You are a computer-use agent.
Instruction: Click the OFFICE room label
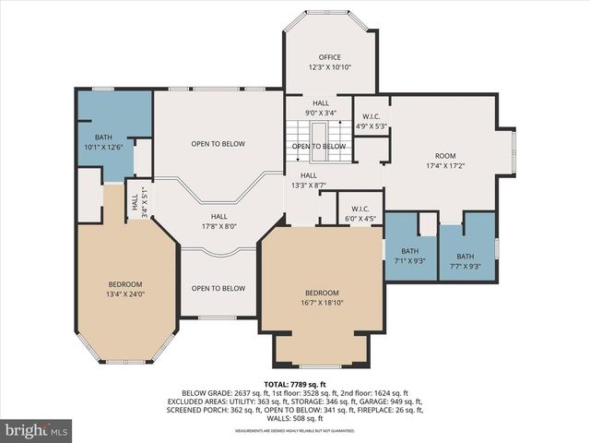click(x=329, y=57)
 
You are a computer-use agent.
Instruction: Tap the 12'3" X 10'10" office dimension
click(x=329, y=67)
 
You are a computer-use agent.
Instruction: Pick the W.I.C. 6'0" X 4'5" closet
click(x=360, y=214)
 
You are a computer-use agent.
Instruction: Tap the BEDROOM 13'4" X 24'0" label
click(x=125, y=289)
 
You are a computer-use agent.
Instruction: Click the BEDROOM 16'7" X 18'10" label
click(x=322, y=297)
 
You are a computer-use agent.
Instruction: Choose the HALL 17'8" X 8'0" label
click(x=218, y=220)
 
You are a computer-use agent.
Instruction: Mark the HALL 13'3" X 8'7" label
click(x=308, y=180)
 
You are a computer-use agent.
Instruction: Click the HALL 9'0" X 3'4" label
click(x=320, y=108)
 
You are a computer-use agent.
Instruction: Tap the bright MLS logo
click(x=37, y=430)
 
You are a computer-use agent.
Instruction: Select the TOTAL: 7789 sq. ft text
click(x=295, y=383)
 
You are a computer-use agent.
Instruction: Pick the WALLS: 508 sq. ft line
click(x=295, y=419)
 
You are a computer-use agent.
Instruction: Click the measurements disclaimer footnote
click(x=295, y=431)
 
